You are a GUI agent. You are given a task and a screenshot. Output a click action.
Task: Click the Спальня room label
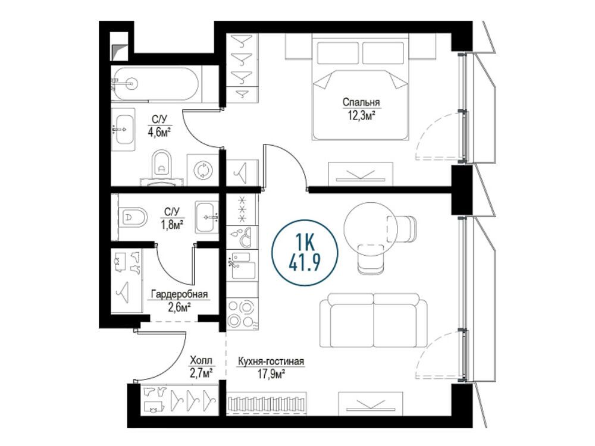coord(361,102)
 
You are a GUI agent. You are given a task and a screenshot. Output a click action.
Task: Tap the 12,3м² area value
coord(361,115)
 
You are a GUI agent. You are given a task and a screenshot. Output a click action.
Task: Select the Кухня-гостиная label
coord(271,362)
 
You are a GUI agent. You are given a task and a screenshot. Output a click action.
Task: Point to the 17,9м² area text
coord(271,375)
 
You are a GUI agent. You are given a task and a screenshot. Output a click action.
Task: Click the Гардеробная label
coord(179,294)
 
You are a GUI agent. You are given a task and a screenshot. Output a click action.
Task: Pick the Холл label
coord(201,360)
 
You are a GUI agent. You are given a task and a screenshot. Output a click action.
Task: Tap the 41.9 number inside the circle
coord(305,261)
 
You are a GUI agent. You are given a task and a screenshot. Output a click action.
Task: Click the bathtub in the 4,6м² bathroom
coord(155,84)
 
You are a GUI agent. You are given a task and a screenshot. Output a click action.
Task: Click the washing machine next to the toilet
coord(203,170)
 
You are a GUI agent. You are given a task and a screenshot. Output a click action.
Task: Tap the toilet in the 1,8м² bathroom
coord(133,217)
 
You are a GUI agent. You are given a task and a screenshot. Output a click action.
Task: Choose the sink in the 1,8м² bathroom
coord(207,217)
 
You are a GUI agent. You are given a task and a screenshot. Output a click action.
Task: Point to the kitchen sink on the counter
coord(242,265)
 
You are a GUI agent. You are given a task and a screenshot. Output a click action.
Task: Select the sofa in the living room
coord(374,321)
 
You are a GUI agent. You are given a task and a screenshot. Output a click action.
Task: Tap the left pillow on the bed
coord(338,53)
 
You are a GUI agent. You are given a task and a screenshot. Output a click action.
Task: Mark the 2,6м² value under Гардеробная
coord(179,307)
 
